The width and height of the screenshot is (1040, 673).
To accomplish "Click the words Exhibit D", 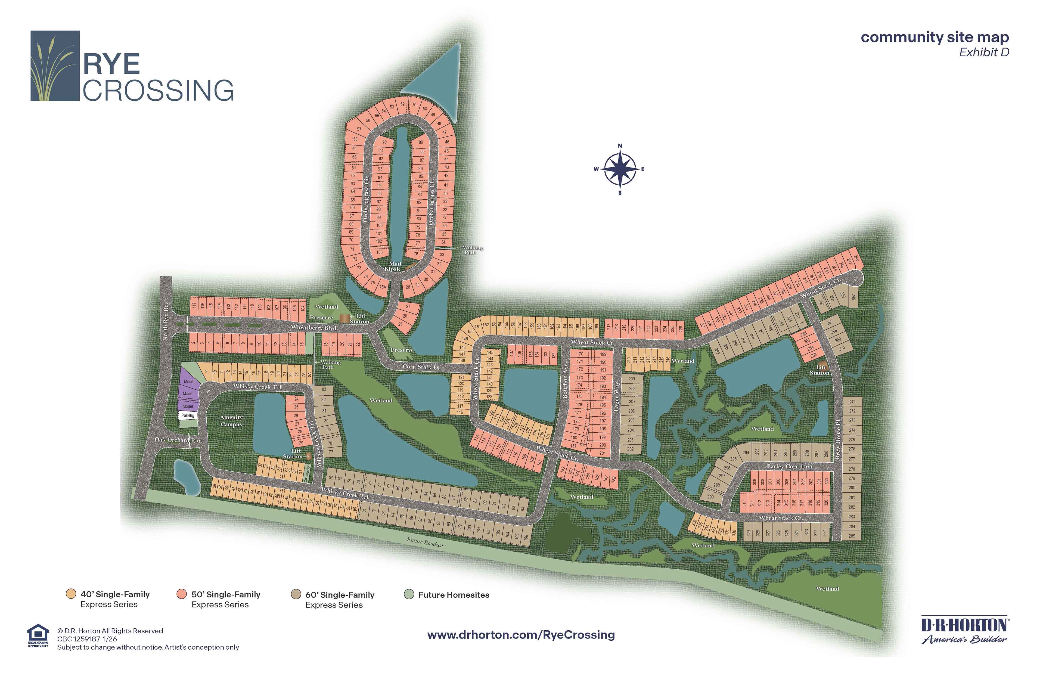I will [984, 52].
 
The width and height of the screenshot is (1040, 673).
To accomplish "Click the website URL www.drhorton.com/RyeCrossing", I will [521, 635].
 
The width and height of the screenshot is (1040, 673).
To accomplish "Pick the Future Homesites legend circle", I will [409, 594].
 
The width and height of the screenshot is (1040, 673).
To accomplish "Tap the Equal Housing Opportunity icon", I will [38, 636].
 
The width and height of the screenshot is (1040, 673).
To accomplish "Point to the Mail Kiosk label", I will [394, 266].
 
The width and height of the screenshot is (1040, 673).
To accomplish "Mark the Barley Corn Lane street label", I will [790, 467].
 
